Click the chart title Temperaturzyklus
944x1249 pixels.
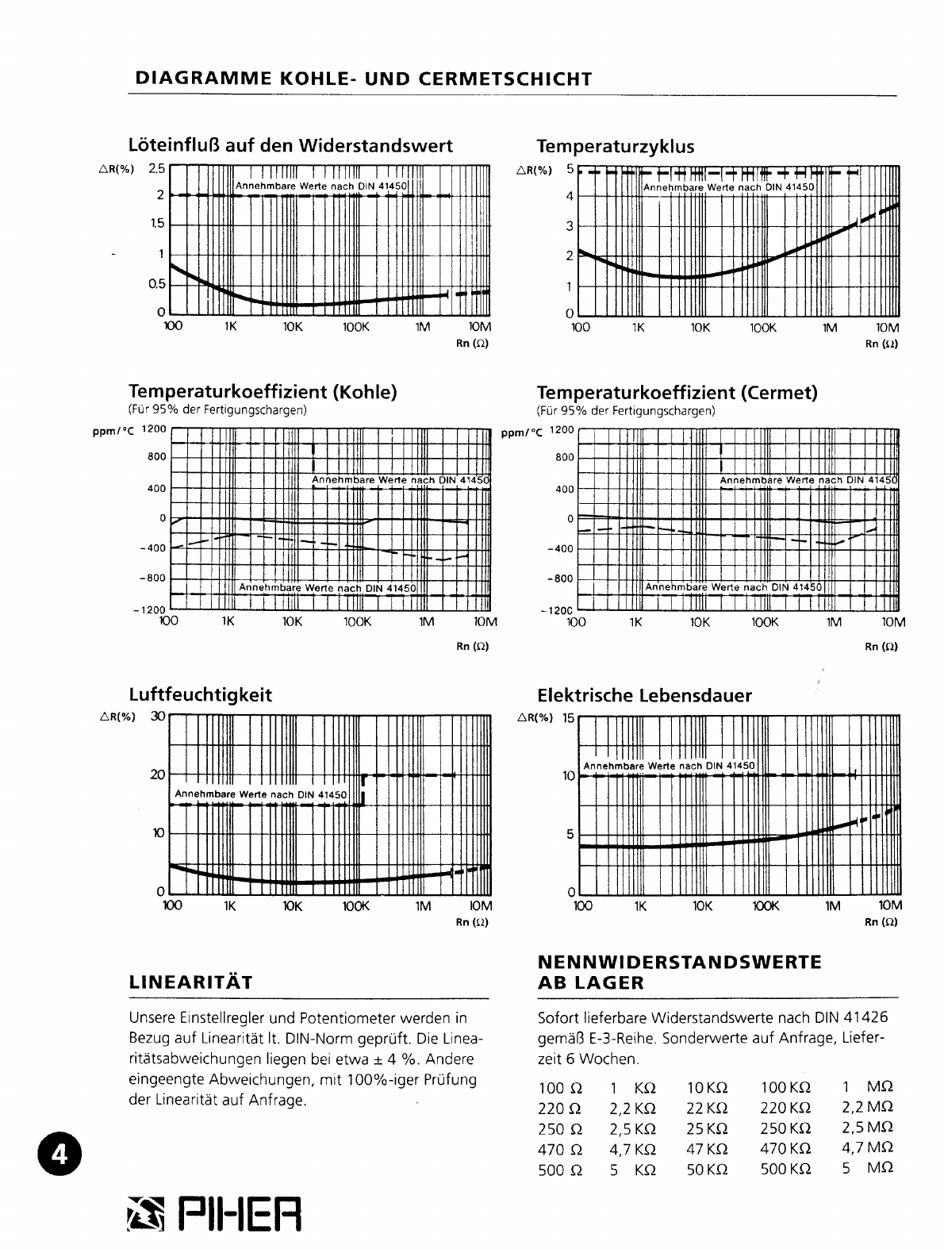coord(615,147)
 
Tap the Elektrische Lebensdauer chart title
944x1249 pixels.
coord(644,696)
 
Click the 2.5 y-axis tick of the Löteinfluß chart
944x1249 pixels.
coord(157,168)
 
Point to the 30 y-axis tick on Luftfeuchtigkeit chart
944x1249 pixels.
coord(157,716)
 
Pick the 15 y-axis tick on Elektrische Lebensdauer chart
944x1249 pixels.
coord(567,718)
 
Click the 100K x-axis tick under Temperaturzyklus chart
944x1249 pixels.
coord(762,327)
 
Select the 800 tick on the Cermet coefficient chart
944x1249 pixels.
coord(564,458)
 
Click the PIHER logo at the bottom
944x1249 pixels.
coord(214,1215)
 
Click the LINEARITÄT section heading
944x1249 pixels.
coord(190,983)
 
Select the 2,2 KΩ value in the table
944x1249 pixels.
coord(632,1108)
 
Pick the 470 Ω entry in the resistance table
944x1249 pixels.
coord(560,1149)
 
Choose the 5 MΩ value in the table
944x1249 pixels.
coord(868,1169)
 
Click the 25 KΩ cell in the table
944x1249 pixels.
coord(707,1128)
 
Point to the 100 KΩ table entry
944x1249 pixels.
coord(785,1087)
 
